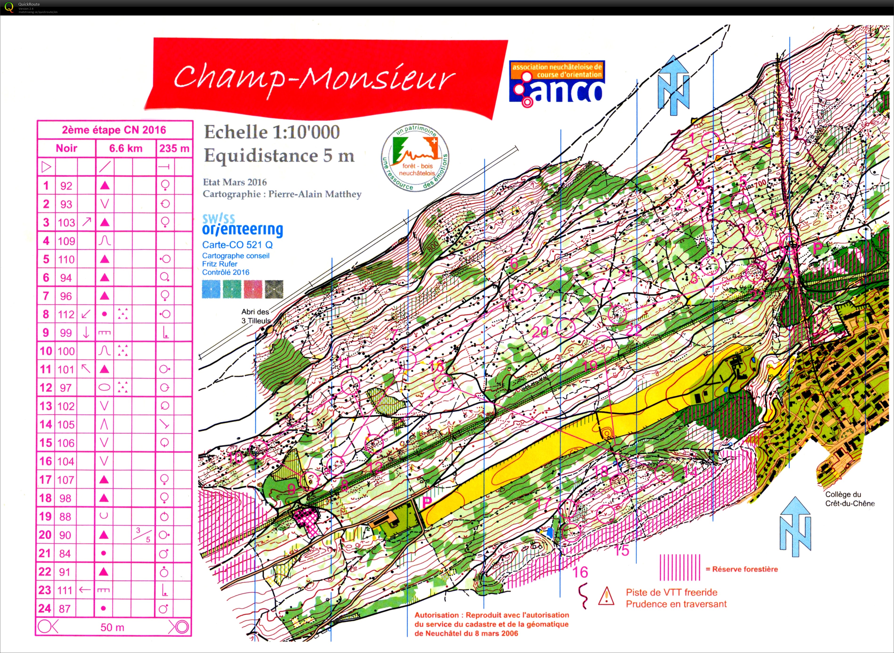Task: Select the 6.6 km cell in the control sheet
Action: click(126, 149)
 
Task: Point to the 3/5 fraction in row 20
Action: click(143, 535)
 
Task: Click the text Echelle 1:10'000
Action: click(272, 132)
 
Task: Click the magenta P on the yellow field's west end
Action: click(427, 502)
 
